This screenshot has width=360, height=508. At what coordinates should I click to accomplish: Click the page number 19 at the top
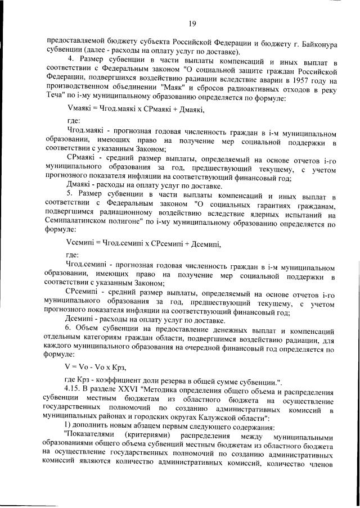coord(192,24)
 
